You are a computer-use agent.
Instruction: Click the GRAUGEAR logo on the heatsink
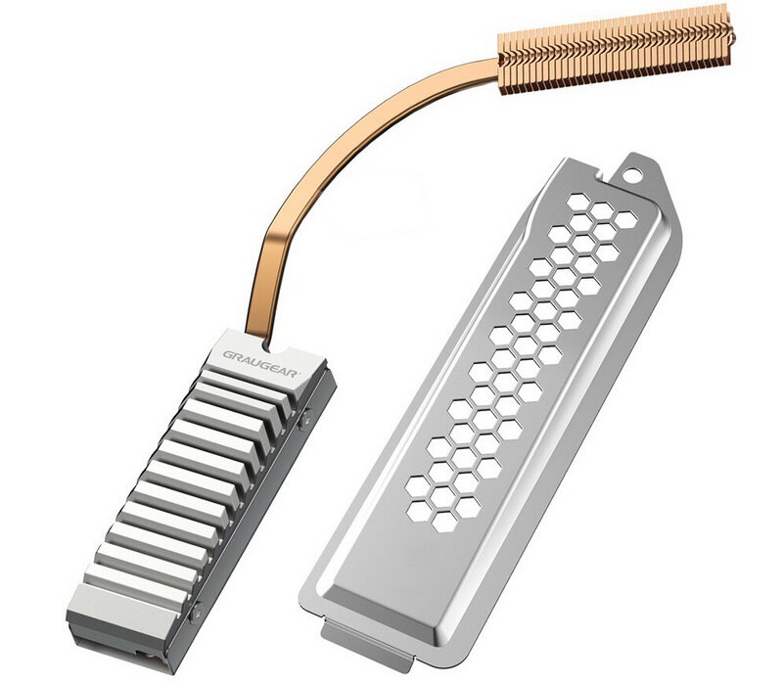[259, 363]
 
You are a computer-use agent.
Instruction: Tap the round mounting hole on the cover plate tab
[631, 175]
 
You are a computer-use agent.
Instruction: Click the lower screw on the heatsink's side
[196, 613]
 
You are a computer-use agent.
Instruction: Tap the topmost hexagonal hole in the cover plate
[578, 203]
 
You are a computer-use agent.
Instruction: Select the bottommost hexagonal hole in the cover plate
[444, 523]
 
